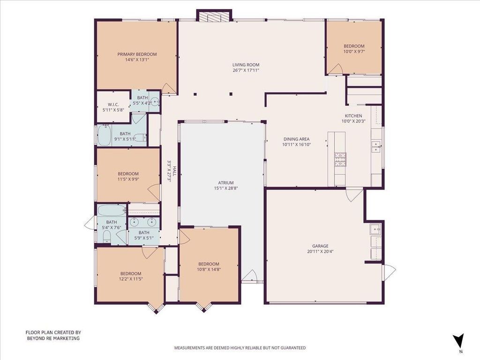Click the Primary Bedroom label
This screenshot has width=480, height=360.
137,54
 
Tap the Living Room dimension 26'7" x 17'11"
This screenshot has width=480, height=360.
246,70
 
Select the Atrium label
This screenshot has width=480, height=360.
226,183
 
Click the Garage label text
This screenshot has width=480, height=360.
320,246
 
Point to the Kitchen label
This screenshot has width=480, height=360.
353,116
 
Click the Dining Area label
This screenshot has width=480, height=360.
296,139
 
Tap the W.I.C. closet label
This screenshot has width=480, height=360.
113,105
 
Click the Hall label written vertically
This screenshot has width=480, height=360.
174,171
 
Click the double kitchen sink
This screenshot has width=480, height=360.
376,146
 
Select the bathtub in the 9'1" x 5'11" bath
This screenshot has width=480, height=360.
105,135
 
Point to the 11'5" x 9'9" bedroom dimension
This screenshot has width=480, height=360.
128,179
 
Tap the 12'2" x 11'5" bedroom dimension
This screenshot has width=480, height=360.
131,279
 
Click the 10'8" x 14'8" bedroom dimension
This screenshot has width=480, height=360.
209,270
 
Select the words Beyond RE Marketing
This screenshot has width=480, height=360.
53,338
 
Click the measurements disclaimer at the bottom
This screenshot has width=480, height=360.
240,348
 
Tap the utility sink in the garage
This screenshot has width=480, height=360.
375,229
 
